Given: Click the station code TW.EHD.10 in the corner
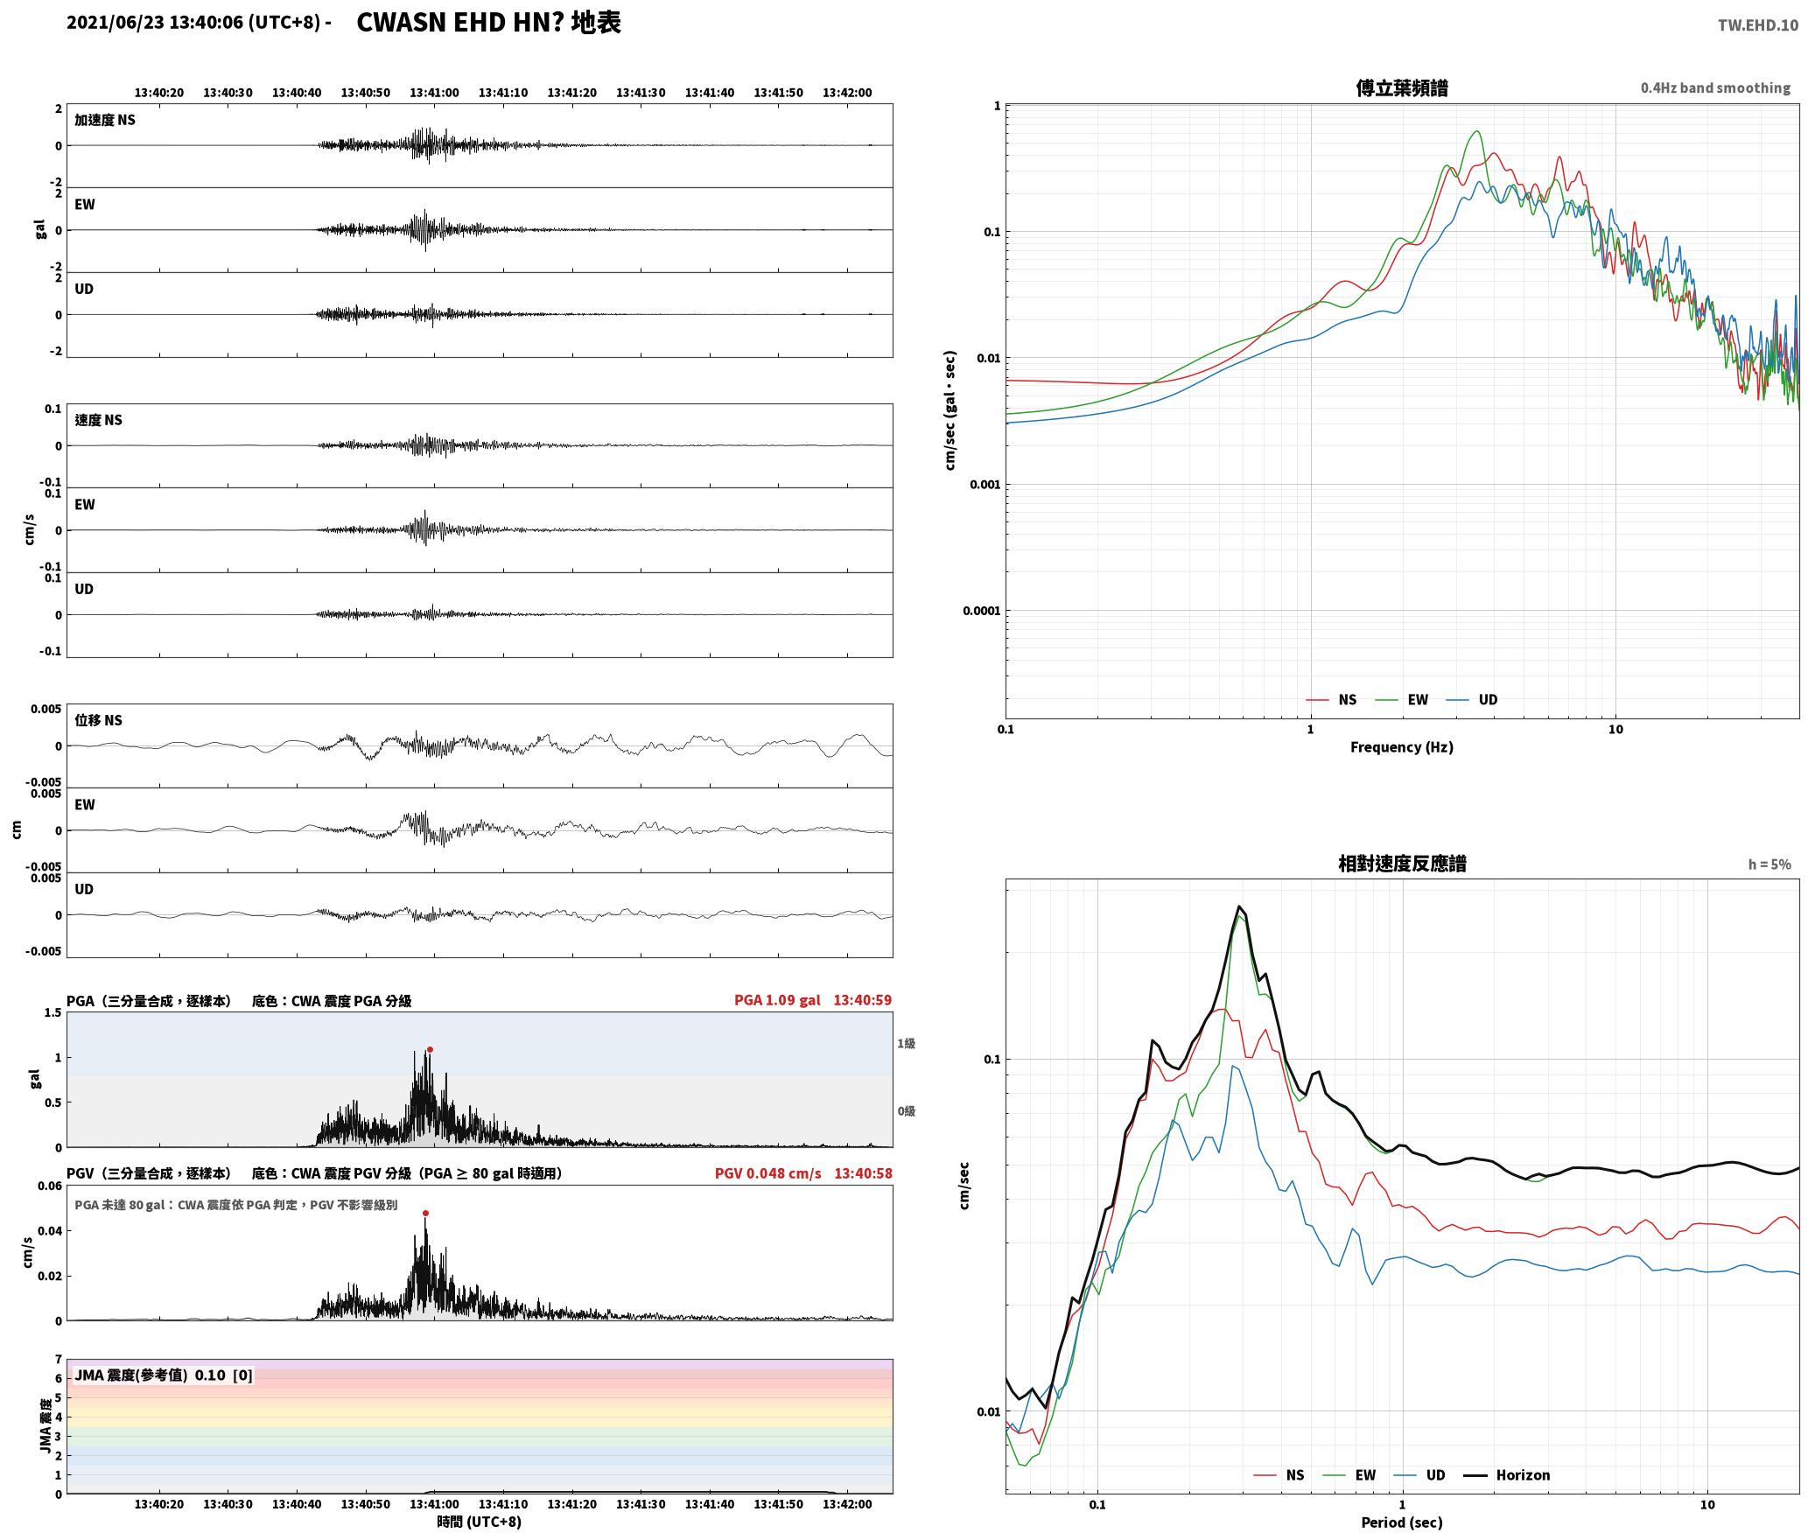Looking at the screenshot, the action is click(x=1758, y=25).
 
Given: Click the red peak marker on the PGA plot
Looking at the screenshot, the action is click(x=430, y=1050).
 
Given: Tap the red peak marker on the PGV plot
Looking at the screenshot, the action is click(x=425, y=1214).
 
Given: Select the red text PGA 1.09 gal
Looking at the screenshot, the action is click(x=777, y=1000).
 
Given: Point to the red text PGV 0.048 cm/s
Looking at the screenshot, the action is click(x=767, y=1173).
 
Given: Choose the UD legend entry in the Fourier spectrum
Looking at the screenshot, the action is click(x=1472, y=700).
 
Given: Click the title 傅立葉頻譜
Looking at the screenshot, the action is click(x=1402, y=88).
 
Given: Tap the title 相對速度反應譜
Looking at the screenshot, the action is click(x=1402, y=864).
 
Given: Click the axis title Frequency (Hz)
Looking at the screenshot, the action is click(x=1402, y=747).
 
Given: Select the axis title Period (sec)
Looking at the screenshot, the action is click(x=1402, y=1522).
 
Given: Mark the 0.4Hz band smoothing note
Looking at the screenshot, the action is click(x=1715, y=88).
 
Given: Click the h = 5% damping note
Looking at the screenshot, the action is click(x=1769, y=864).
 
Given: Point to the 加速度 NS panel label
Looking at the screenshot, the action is click(x=105, y=120).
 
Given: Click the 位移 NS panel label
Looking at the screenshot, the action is click(x=98, y=720).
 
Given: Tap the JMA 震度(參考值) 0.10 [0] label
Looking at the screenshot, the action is click(x=164, y=1375).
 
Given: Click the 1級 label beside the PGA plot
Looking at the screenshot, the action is click(x=906, y=1043).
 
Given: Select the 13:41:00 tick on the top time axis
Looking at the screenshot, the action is click(x=434, y=93).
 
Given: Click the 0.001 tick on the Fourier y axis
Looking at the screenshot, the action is click(x=985, y=485).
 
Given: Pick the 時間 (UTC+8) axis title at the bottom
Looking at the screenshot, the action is click(x=480, y=1522).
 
